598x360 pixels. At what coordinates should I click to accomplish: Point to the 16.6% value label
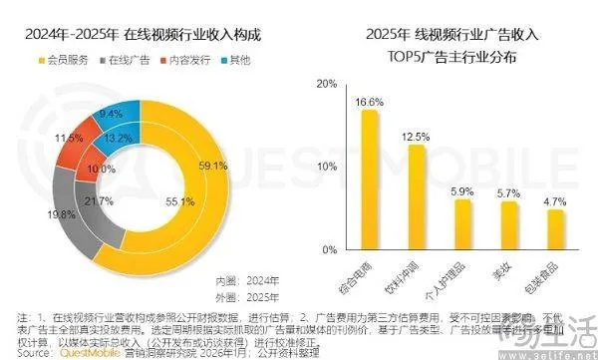click(x=370, y=102)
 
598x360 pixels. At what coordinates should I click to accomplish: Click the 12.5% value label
click(x=416, y=136)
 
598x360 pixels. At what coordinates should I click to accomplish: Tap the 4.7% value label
click(x=556, y=200)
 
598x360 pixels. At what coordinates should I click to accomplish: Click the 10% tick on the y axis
click(x=323, y=167)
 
